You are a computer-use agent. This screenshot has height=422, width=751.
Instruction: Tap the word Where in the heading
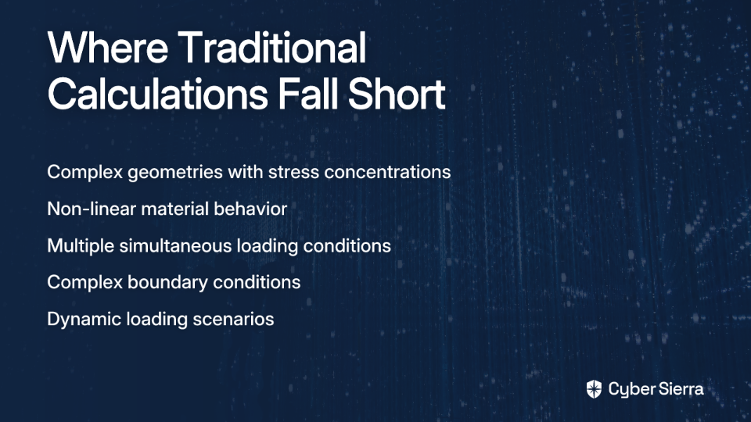[x=108, y=48]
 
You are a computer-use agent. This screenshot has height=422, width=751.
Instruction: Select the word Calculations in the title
[x=157, y=95]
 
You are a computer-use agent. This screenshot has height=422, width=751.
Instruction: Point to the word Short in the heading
[x=397, y=95]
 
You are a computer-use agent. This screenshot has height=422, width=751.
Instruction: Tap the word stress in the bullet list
[x=293, y=173]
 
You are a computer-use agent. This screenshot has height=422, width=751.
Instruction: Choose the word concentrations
[x=387, y=172]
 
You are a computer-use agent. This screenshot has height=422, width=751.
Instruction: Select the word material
[x=174, y=209]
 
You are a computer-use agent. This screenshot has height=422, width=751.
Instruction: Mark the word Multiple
[x=81, y=246]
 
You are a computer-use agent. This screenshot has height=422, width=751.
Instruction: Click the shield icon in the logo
[x=594, y=389]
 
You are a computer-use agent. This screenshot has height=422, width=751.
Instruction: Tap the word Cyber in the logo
[x=629, y=390]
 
